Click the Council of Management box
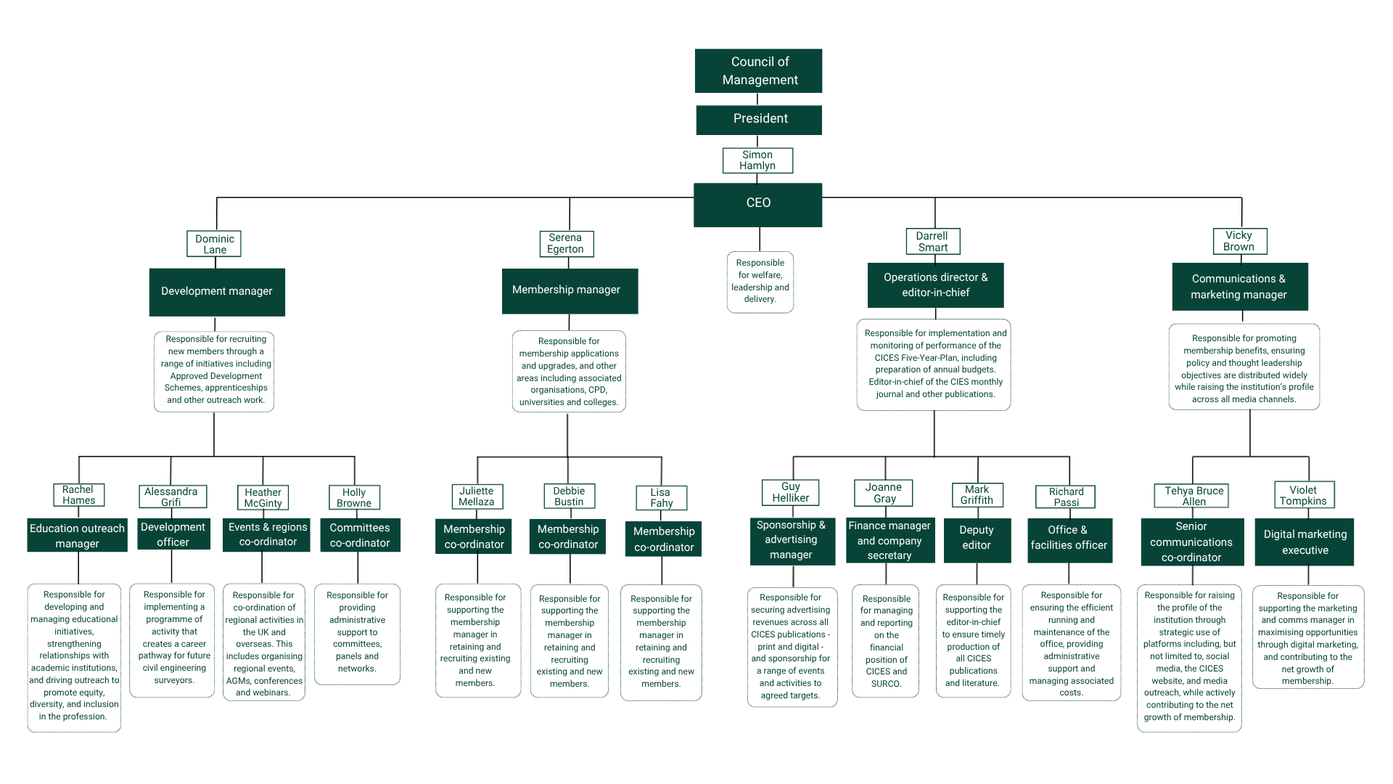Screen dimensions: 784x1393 [x=758, y=71]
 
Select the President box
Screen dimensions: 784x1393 [x=759, y=120]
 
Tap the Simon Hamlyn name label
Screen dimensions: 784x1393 [x=757, y=160]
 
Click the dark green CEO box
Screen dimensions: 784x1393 [x=758, y=205]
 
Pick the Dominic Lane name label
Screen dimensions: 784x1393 [x=214, y=244]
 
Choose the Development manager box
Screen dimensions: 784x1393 [x=217, y=292]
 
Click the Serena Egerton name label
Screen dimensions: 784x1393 [x=566, y=244]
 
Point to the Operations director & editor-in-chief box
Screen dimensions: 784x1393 [x=935, y=285]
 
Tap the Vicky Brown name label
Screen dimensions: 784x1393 [x=1240, y=241]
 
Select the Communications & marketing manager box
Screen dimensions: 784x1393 [x=1239, y=287]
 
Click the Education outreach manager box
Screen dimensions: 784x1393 [x=78, y=536]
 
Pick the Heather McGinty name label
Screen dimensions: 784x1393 [x=263, y=498]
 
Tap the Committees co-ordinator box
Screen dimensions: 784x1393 [x=360, y=536]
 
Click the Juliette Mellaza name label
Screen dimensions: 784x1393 [x=477, y=497]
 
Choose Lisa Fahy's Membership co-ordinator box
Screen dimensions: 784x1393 [x=663, y=539]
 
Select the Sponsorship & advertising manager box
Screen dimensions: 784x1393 [x=791, y=541]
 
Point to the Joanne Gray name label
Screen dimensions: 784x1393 [x=884, y=493]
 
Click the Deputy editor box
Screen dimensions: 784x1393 [x=977, y=539]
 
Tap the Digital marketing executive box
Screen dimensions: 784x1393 [x=1304, y=542]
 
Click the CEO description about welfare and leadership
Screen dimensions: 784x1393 [x=760, y=282]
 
